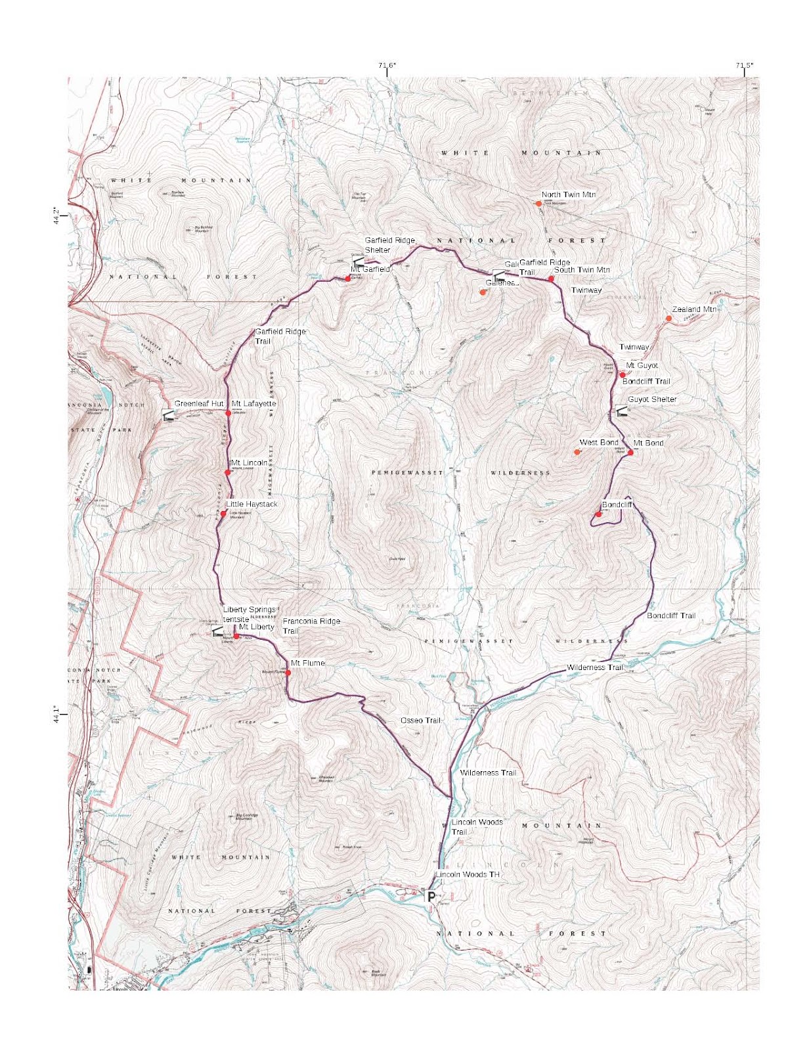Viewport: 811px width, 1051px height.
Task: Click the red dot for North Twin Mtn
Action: pyautogui.click(x=538, y=204)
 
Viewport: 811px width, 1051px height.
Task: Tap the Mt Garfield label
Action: pyautogui.click(x=370, y=269)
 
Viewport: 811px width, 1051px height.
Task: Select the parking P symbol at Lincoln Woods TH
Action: pyautogui.click(x=431, y=897)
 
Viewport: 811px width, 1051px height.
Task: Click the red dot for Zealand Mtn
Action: pyautogui.click(x=669, y=319)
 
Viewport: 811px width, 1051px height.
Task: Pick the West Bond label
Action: pyautogui.click(x=598, y=443)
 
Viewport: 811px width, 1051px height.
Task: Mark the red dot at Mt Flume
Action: pyautogui.click(x=288, y=673)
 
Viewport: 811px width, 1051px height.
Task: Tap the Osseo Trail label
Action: pyautogui.click(x=420, y=721)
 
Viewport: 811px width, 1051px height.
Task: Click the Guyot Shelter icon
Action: pyautogui.click(x=621, y=412)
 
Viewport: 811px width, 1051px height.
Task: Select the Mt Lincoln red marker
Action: pyautogui.click(x=228, y=472)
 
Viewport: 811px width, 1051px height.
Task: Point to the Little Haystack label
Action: pyautogui.click(x=252, y=504)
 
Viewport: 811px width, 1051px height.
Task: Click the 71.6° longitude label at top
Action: pyautogui.click(x=387, y=65)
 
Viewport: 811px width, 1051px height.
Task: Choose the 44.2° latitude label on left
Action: pyautogui.click(x=56, y=216)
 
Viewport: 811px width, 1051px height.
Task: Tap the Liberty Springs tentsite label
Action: pyautogui.click(x=249, y=614)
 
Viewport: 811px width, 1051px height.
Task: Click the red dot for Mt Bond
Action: pyautogui.click(x=630, y=453)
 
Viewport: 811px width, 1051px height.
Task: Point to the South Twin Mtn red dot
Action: pyautogui.click(x=551, y=279)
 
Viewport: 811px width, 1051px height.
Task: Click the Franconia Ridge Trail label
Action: pyautogui.click(x=311, y=625)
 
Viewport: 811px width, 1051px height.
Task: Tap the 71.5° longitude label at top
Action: pyautogui.click(x=744, y=65)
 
